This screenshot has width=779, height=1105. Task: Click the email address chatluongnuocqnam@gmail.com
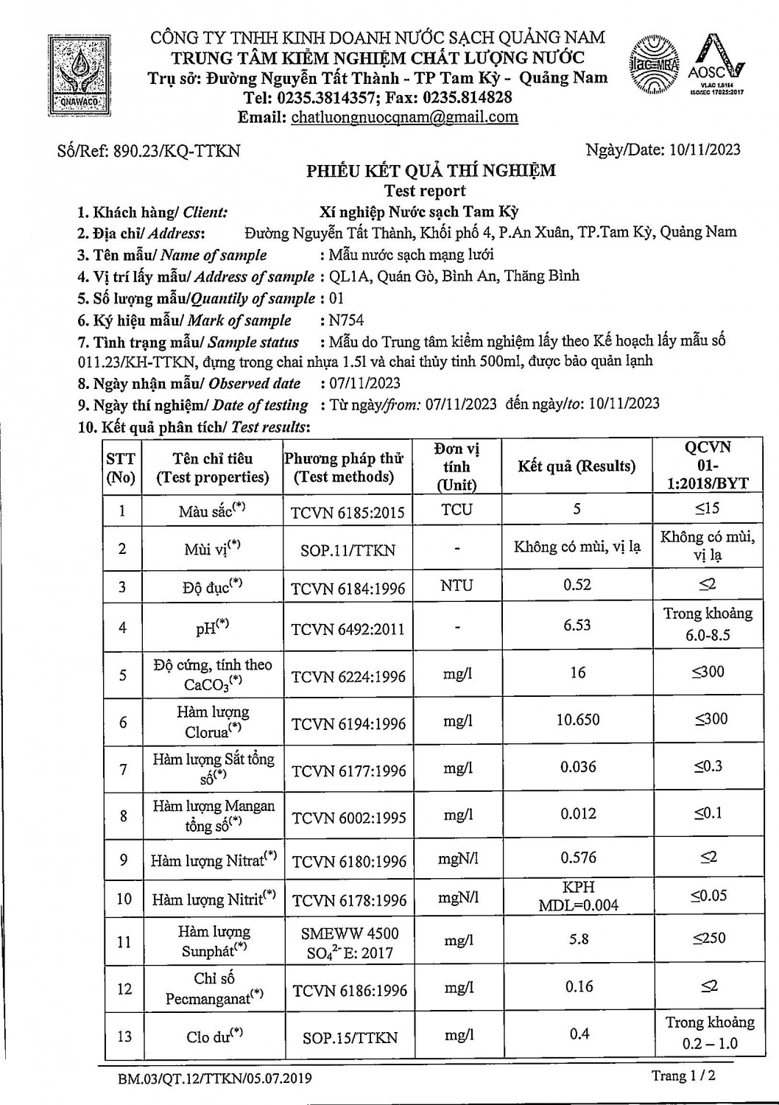pos(404,117)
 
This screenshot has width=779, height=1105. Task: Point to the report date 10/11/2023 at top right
pos(705,150)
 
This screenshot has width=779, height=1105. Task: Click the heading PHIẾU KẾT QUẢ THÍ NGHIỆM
pos(431,171)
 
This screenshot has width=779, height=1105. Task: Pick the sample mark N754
pos(347,320)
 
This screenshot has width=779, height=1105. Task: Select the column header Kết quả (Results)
pos(577,466)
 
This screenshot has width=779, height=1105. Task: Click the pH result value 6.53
pos(577,625)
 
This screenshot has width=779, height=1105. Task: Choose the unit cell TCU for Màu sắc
pos(457,510)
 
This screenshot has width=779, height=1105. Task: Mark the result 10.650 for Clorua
pos(577,720)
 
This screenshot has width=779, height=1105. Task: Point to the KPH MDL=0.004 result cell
pos(578,897)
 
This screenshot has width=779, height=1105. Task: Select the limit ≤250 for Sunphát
pos(708,939)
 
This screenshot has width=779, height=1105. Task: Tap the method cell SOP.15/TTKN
pos(350,1038)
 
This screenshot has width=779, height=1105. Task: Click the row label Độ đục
pos(212,588)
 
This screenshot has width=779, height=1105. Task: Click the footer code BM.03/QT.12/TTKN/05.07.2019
pos(215,1079)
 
